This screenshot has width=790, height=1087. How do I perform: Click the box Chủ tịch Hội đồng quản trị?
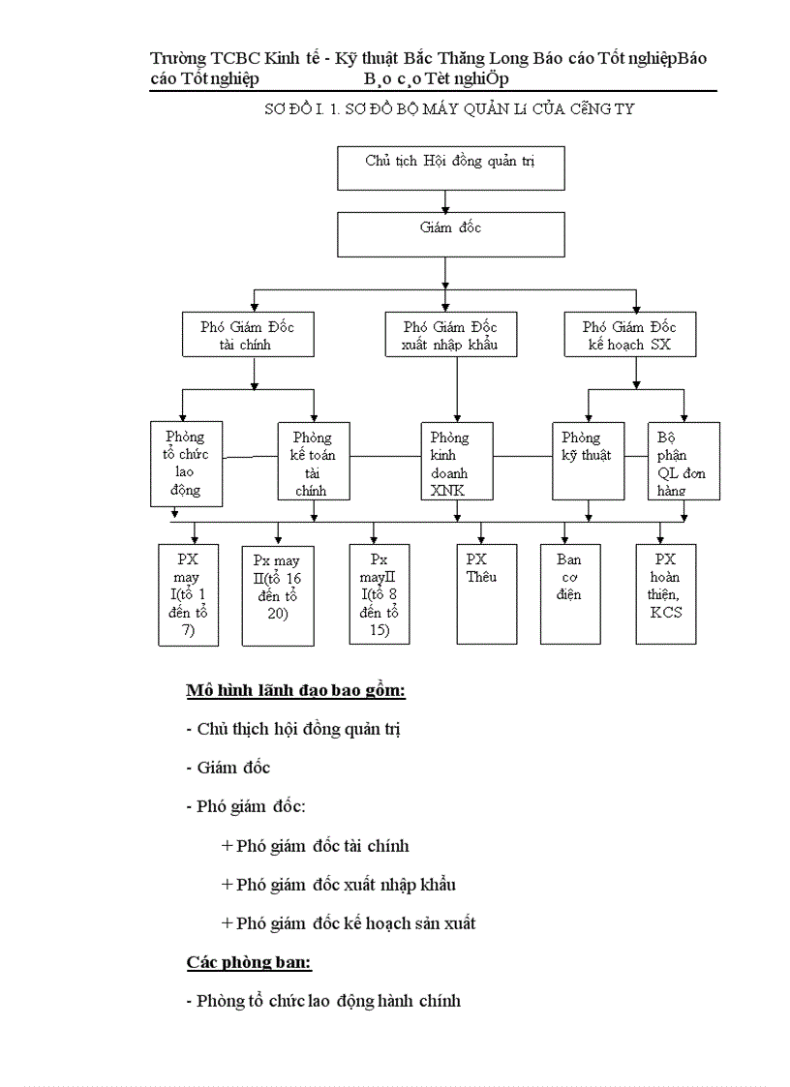pos(450,168)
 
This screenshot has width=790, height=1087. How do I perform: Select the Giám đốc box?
pos(450,234)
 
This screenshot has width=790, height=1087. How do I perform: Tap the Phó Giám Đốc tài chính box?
pos(248,335)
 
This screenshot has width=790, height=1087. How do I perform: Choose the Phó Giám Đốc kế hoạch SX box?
pos(634,335)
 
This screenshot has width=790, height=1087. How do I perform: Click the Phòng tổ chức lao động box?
pos(186,464)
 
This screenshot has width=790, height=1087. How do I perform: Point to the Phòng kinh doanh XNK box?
pos(457,464)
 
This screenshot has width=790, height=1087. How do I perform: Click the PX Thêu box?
pos(486,593)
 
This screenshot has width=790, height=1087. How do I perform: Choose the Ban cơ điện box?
pos(569,593)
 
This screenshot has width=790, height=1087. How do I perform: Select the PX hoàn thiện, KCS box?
pos(665,593)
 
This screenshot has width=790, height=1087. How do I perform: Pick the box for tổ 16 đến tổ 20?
pos(278,595)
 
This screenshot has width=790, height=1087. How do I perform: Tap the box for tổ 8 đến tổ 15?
pos(379,595)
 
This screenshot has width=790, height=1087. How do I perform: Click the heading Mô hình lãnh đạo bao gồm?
pos(295,691)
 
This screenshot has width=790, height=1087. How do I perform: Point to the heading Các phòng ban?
pos(249,962)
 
